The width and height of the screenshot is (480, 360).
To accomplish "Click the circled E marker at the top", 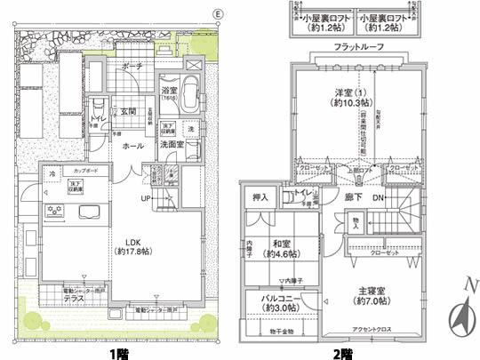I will (219, 15).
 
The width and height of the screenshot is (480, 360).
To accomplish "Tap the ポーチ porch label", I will (132, 67).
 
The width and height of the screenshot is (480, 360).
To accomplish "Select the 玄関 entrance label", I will (128, 111).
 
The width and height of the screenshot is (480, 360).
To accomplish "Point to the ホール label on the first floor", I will (133, 145).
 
